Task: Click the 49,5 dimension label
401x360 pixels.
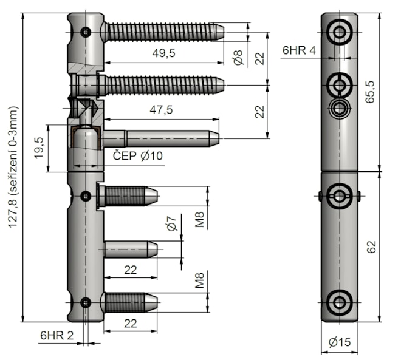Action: tap(163, 53)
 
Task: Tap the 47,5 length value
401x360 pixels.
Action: tap(161, 110)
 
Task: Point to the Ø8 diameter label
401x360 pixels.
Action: tap(238, 57)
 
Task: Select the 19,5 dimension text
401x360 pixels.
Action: tap(39, 148)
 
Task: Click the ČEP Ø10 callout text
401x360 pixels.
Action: tap(137, 155)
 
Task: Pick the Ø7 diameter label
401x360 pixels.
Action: tap(172, 223)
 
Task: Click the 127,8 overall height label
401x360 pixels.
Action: tap(13, 167)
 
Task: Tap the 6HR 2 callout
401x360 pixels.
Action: tap(57, 335)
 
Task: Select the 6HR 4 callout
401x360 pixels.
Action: tap(299, 50)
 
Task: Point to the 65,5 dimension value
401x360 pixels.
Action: tap(370, 92)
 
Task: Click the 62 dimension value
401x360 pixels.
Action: tap(371, 246)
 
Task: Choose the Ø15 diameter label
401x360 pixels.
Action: tap(340, 342)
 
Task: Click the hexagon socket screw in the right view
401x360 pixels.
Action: tap(340, 109)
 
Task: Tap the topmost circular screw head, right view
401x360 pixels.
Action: tap(340, 32)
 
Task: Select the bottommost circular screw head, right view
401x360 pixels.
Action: tap(340, 302)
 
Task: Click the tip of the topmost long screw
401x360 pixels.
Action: tap(224, 32)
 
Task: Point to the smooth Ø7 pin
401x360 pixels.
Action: tap(131, 250)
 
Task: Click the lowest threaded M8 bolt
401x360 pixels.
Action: tap(131, 302)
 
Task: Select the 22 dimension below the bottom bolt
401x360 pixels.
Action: tap(131, 324)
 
